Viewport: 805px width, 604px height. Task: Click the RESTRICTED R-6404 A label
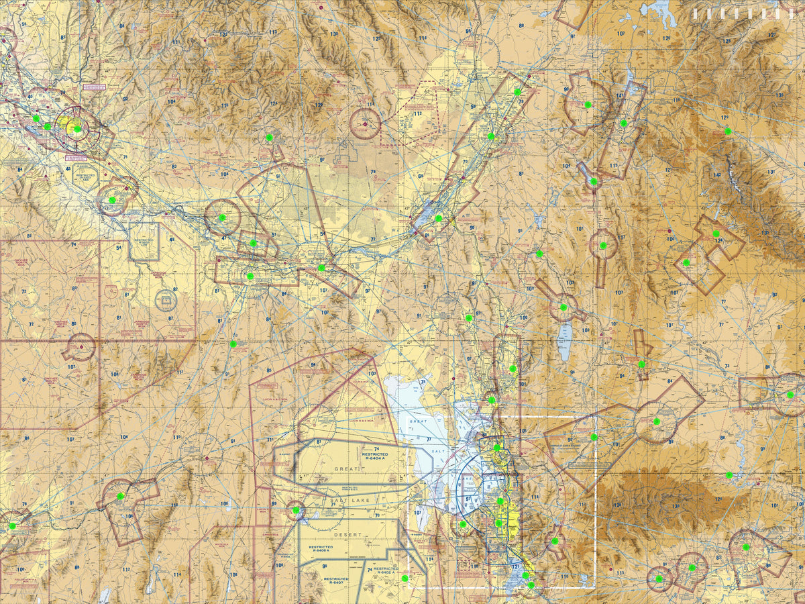pos(374,456)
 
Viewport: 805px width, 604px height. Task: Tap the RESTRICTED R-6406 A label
pos(321,550)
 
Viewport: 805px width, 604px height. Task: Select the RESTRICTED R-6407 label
pos(335,581)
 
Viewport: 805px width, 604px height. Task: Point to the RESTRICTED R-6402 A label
pos(386,572)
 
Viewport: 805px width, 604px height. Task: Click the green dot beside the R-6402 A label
pos(405,578)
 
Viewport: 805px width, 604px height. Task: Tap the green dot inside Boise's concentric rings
pos(77,129)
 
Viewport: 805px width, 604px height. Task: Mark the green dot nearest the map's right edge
pos(790,395)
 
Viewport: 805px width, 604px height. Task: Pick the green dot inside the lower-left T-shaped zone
pos(121,497)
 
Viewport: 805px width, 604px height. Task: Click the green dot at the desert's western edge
pos(296,510)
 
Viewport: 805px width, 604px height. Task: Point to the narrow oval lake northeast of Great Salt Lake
pos(565,341)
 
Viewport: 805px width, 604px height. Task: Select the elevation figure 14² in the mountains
pos(716,175)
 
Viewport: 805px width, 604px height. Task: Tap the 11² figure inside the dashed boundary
pos(417,114)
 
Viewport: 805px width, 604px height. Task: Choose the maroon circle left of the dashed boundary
pos(365,123)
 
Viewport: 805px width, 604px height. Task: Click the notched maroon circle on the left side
pos(81,347)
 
